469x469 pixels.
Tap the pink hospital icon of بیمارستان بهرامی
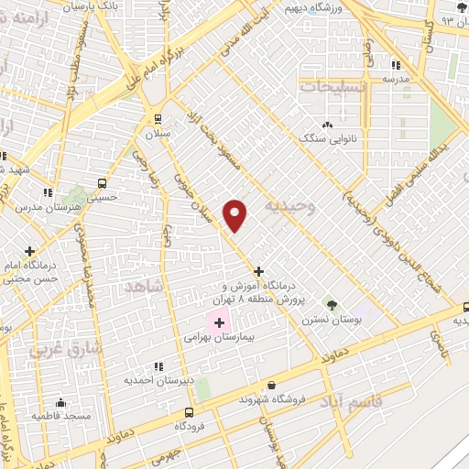click(x=219, y=322)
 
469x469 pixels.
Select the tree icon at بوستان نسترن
click(x=331, y=303)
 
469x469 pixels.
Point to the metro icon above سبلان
click(x=158, y=118)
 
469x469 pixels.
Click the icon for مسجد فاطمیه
click(x=60, y=402)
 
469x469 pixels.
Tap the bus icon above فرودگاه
click(x=190, y=411)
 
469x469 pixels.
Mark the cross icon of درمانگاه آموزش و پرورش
click(x=259, y=271)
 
